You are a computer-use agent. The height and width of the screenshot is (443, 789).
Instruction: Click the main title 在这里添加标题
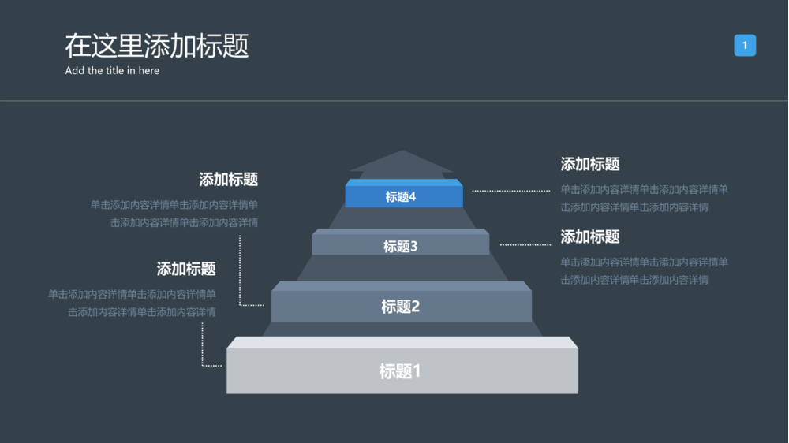pyautogui.click(x=156, y=46)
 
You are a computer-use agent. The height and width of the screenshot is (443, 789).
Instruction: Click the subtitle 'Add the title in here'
pyautogui.click(x=112, y=71)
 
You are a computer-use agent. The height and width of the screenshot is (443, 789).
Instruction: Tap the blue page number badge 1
pyautogui.click(x=745, y=46)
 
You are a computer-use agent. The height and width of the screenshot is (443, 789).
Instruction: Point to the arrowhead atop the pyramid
pyautogui.click(x=402, y=162)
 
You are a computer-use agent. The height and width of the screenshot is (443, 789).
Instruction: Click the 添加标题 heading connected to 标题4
pyautogui.click(x=590, y=164)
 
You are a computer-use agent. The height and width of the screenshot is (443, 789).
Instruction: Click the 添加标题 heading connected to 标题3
pyautogui.click(x=590, y=236)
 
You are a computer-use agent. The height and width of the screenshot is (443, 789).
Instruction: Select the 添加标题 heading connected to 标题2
pyautogui.click(x=229, y=180)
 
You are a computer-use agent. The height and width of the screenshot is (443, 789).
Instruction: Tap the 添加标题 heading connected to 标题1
pyautogui.click(x=186, y=269)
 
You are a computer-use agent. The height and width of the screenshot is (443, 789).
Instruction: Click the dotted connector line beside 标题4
pyautogui.click(x=511, y=191)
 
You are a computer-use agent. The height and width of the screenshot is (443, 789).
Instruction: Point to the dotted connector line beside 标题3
pyautogui.click(x=525, y=244)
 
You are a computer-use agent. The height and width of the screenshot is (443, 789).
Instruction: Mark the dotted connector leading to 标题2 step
pyautogui.click(x=241, y=268)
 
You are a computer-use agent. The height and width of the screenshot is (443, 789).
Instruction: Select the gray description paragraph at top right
pyautogui.click(x=644, y=198)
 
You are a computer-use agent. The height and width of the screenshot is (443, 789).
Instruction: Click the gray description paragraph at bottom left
pyautogui.click(x=133, y=303)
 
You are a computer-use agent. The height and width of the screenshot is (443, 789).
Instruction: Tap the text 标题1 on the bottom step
pyautogui.click(x=400, y=370)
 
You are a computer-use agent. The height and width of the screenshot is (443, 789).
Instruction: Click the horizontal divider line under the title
pyautogui.click(x=394, y=101)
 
